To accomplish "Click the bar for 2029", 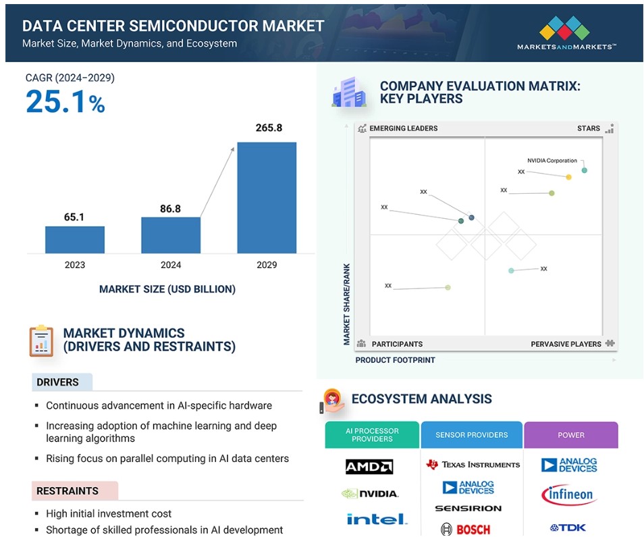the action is (267, 198).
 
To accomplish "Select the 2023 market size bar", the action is (75, 240).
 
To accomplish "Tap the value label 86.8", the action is (170, 209).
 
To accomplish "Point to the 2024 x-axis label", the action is (171, 265).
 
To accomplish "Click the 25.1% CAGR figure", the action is (65, 101).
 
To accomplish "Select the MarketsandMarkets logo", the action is (566, 33).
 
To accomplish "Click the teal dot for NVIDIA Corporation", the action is (585, 170).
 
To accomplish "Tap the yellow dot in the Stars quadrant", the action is (569, 177).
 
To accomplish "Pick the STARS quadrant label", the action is (589, 128).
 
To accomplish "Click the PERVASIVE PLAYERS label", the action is (566, 344).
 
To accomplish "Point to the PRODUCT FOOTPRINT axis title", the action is (395, 360).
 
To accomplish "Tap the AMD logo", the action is (369, 467).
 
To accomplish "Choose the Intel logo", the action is (377, 519).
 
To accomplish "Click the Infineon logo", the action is (569, 494).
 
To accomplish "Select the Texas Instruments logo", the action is (473, 465).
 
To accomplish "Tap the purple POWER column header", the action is (571, 435).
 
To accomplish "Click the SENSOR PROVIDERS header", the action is (471, 435).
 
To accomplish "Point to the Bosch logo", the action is (465, 529).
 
